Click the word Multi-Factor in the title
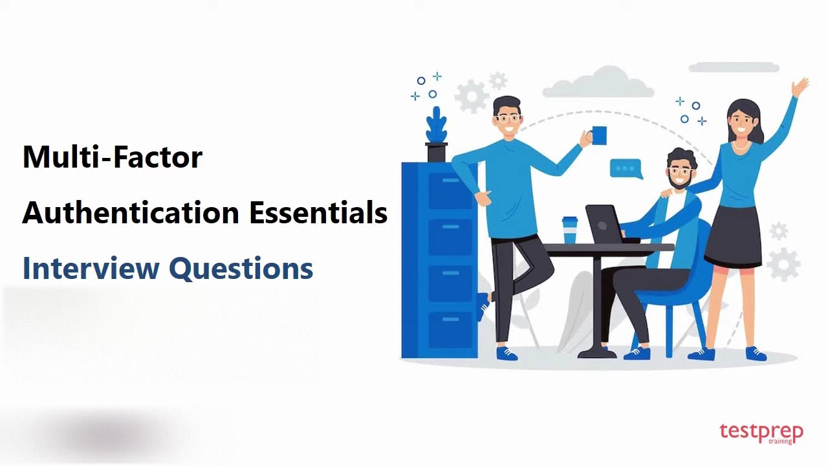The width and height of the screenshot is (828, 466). click(x=113, y=157)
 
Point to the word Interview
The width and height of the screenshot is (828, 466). click(x=91, y=268)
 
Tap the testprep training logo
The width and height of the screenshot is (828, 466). click(x=761, y=433)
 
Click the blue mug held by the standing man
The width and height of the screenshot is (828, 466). click(x=599, y=136)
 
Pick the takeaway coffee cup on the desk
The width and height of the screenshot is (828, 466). click(x=569, y=230)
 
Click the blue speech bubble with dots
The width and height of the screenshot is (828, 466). click(x=626, y=169)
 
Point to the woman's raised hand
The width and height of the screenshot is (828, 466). click(x=801, y=87)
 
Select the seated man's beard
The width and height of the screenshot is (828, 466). click(x=680, y=182)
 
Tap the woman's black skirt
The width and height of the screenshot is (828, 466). click(x=734, y=233)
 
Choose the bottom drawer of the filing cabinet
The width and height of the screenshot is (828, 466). click(x=452, y=330)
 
